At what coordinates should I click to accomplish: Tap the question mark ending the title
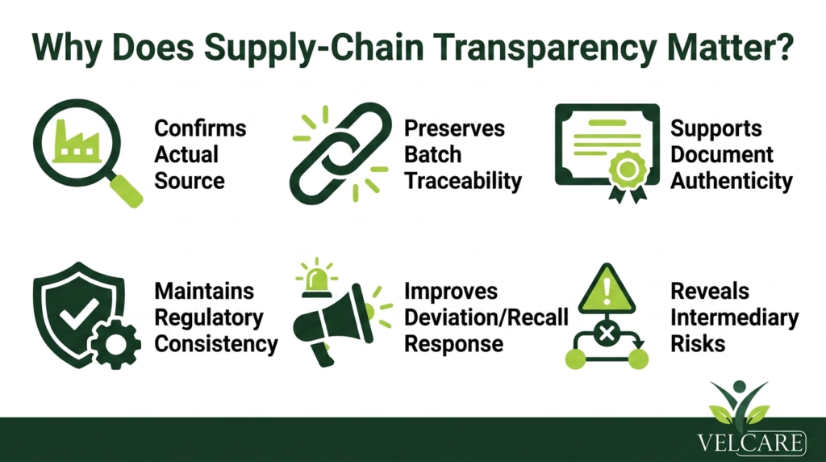point(784,46)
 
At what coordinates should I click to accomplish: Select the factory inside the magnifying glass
point(77,141)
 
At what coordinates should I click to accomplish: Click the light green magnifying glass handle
point(127,190)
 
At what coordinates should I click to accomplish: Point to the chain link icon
point(341,153)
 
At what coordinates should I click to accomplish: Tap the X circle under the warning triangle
point(607,333)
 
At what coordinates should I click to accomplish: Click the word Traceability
point(463,181)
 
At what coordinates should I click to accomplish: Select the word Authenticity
point(732,181)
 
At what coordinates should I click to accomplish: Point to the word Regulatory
point(209,318)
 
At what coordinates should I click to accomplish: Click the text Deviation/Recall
point(486,317)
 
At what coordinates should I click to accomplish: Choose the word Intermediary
point(734,318)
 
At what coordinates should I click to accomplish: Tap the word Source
point(190,181)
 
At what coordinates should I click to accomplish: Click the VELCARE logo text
point(752,443)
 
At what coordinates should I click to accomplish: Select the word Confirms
point(200,128)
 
